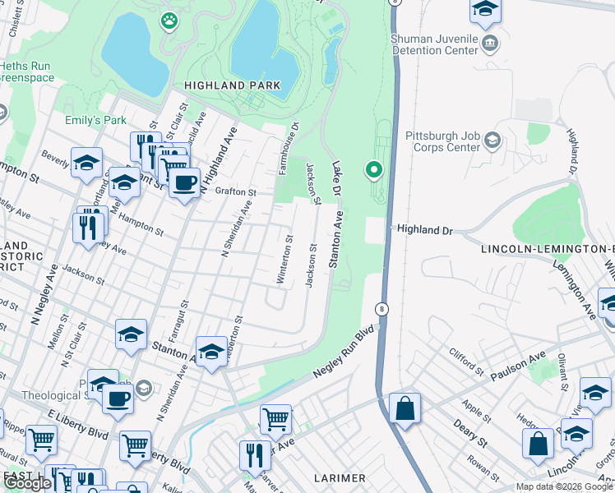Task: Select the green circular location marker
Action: click(x=374, y=170)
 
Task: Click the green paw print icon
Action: click(x=170, y=19)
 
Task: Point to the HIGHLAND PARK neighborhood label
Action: click(x=233, y=85)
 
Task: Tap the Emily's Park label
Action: click(x=96, y=120)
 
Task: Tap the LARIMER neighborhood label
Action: click(x=340, y=477)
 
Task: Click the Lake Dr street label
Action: click(x=335, y=178)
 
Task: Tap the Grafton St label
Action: click(x=236, y=191)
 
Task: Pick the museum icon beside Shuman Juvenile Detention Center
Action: click(x=490, y=43)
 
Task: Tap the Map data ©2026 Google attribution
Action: click(x=564, y=486)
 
